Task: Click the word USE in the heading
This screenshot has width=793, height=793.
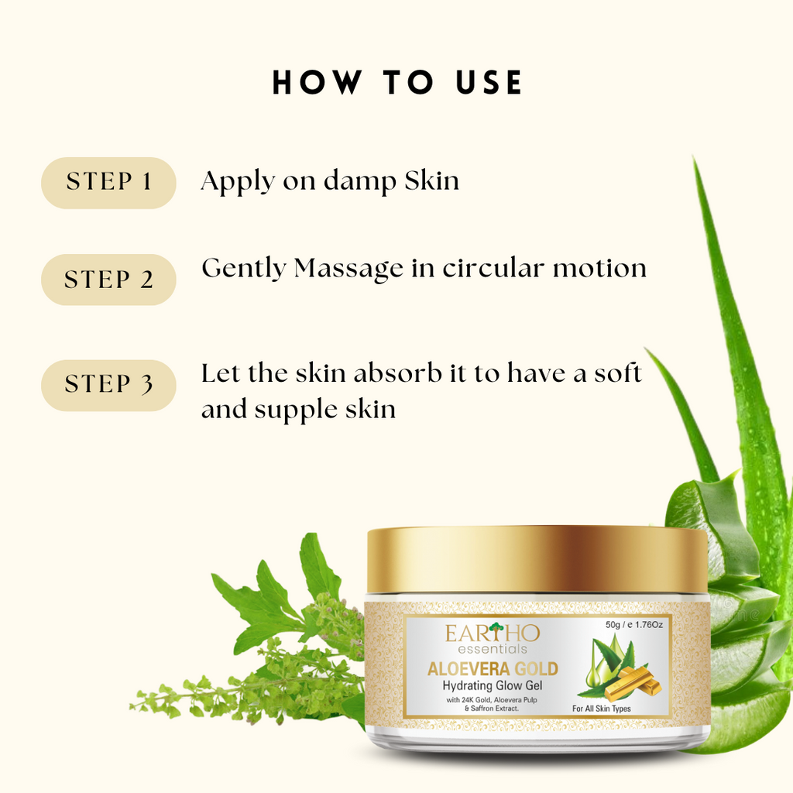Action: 489,82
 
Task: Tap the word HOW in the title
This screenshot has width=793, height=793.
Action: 318,82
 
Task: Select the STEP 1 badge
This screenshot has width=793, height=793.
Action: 108,183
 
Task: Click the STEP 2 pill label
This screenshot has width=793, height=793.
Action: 108,280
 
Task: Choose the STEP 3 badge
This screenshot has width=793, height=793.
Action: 108,386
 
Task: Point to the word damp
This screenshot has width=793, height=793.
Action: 360,181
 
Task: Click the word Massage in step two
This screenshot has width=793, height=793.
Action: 349,269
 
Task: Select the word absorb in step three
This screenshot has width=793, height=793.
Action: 397,373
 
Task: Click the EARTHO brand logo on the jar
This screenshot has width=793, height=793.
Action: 493,633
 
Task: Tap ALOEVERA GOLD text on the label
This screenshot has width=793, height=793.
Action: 493,669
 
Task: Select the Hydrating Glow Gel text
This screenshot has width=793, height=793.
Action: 492,686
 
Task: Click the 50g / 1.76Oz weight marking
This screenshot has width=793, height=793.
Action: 633,625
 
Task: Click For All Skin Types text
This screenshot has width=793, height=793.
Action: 601,709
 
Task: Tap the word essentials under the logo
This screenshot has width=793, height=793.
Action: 492,650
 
